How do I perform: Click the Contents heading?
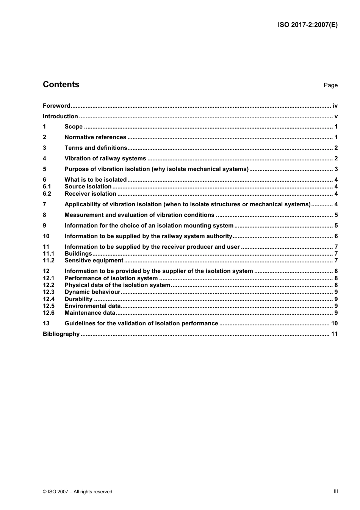tap(61, 85)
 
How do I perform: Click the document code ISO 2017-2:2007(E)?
tap(307, 25)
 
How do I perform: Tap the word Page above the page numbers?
tap(330, 85)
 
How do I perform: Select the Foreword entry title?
tap(56, 106)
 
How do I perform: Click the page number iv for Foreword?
tap(335, 106)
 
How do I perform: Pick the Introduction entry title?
tap(60, 116)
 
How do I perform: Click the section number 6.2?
tap(47, 194)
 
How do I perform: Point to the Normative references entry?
tap(95, 137)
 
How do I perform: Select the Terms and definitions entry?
tap(95, 148)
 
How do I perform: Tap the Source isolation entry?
tap(88, 187)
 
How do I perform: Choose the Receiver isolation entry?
tap(90, 194)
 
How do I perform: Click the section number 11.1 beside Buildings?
tap(49, 254)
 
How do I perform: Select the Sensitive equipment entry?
tap(94, 260)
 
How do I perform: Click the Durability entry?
tap(78, 299)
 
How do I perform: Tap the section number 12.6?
tap(49, 313)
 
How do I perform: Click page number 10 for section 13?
tap(334, 323)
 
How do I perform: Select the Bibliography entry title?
tap(61, 334)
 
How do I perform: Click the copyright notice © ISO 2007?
tap(77, 492)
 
